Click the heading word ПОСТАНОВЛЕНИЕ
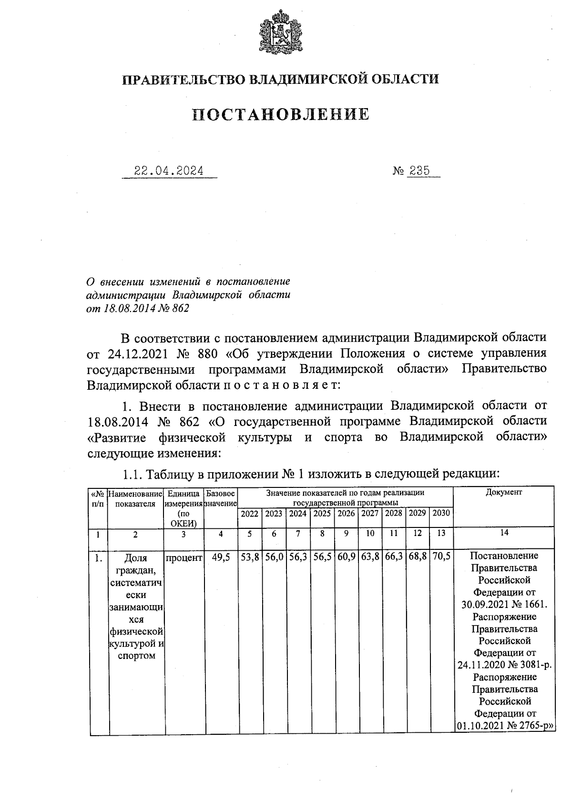click(281, 114)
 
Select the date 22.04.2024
click(169, 171)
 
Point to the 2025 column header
click(322, 514)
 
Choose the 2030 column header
click(441, 514)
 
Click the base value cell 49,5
click(221, 557)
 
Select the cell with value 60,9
click(346, 557)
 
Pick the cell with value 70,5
click(441, 557)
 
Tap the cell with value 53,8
click(250, 557)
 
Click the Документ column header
click(504, 492)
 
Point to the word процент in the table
click(184, 557)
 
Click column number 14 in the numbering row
click(504, 533)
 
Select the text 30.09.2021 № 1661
click(504, 605)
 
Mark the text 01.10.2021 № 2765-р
click(504, 727)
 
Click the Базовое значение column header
click(221, 498)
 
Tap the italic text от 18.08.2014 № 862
click(138, 308)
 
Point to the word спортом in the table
click(136, 656)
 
